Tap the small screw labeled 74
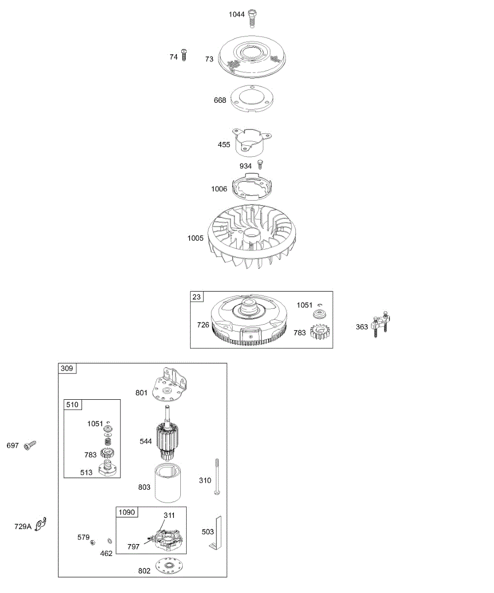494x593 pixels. (184, 55)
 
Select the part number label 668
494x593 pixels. (220, 100)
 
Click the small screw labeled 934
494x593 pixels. (259, 165)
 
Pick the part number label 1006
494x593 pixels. (219, 189)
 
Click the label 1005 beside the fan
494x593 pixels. (195, 238)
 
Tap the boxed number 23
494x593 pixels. (197, 297)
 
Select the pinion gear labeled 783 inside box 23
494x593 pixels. (320, 332)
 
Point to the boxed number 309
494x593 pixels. (67, 368)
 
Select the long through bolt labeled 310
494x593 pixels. (217, 477)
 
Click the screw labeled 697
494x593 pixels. (30, 445)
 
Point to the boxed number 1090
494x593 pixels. (126, 512)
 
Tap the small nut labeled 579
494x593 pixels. (92, 543)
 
